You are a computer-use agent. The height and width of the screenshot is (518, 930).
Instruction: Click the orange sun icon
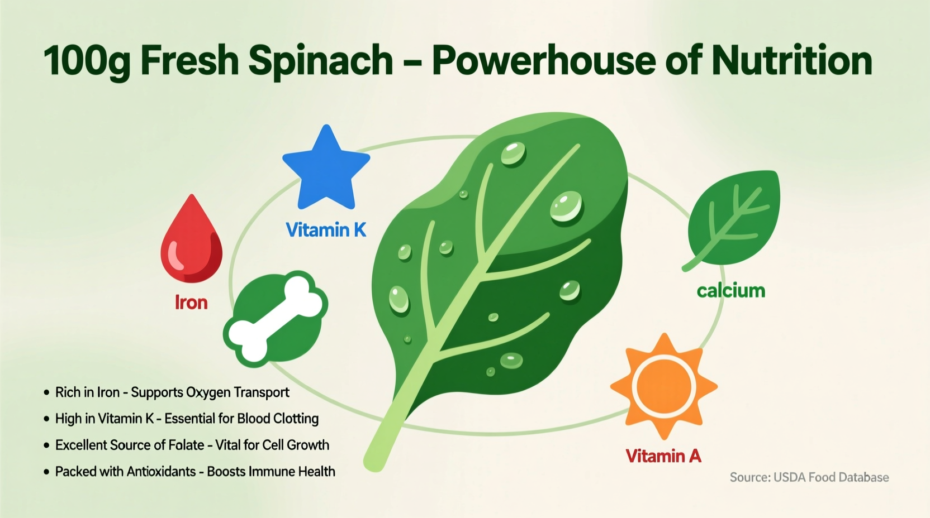coord(663,386)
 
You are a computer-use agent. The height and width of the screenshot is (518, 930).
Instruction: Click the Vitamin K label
coord(326,229)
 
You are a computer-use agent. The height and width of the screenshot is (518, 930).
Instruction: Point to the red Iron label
coord(191,303)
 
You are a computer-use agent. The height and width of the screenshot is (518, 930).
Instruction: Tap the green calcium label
coord(730,290)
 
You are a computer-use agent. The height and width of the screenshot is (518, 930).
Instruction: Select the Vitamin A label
coord(663,456)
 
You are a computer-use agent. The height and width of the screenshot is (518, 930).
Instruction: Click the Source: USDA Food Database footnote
coord(809,477)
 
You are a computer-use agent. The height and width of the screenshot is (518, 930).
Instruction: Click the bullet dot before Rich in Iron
coord(46,392)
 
